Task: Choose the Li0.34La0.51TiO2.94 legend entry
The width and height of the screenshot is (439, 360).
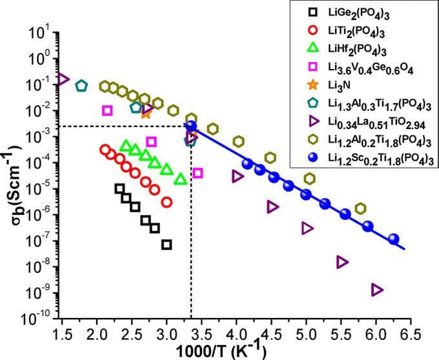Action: pos(370,122)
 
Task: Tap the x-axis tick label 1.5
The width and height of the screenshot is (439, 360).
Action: pos(63,334)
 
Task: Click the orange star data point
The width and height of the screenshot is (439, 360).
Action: pos(146,113)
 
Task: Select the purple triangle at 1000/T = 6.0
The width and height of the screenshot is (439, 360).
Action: pos(378,290)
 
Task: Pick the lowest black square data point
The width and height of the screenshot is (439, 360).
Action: pos(167,245)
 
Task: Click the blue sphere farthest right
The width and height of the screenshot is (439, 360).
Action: pos(394,239)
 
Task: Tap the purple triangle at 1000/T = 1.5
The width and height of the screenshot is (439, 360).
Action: pos(63,79)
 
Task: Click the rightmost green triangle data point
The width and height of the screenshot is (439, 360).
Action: pos(181,179)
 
